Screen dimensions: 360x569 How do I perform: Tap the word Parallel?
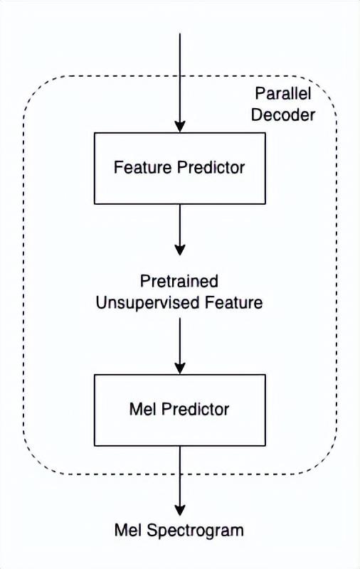[x=283, y=93]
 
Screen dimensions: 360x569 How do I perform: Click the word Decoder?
[x=283, y=115]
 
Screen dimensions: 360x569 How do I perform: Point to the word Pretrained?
[x=179, y=281]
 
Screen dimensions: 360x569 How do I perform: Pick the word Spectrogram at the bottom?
[x=195, y=531]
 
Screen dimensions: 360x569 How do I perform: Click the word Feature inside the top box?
[x=142, y=167]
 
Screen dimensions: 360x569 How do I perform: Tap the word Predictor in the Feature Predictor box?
[x=211, y=167]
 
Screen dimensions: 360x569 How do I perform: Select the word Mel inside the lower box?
[x=142, y=410]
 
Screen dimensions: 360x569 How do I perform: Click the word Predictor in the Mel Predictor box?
[x=195, y=410]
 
